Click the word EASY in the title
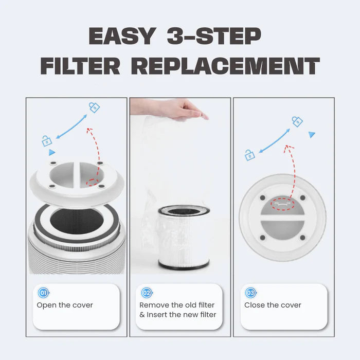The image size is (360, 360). (x=121, y=36)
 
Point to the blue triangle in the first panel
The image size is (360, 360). (x=51, y=153)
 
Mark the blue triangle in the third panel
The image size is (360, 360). (x=312, y=134)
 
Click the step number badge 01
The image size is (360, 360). (x=44, y=293)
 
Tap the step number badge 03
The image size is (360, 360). (x=250, y=293)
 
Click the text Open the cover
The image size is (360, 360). (x=65, y=305)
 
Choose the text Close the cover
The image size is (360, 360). (x=273, y=305)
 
